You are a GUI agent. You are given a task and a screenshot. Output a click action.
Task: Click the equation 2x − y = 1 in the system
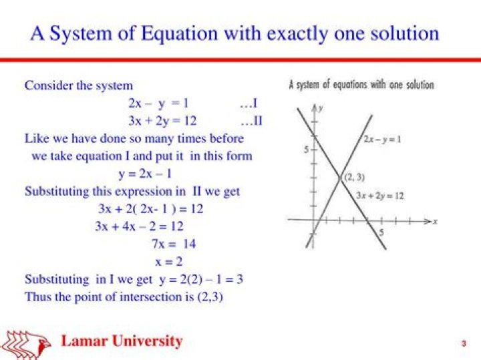click(x=158, y=104)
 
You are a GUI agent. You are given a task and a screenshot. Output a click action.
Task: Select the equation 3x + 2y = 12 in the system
click(x=162, y=122)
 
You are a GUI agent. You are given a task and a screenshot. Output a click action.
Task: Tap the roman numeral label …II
click(x=252, y=121)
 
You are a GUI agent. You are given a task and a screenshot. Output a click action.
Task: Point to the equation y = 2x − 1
click(x=145, y=174)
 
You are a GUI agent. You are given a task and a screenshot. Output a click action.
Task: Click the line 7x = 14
click(x=174, y=244)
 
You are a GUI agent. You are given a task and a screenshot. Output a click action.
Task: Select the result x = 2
click(x=169, y=262)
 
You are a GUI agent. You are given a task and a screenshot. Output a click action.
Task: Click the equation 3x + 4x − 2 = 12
click(x=139, y=226)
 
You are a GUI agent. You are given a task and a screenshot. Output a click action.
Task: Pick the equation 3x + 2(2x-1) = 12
click(x=150, y=209)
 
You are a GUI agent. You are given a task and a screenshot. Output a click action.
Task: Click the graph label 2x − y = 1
click(x=382, y=140)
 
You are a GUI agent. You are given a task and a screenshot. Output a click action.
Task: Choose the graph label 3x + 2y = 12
click(x=379, y=196)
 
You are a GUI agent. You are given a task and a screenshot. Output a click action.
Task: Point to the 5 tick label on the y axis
click(x=306, y=150)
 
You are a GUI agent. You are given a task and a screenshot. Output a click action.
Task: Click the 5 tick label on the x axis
click(x=381, y=232)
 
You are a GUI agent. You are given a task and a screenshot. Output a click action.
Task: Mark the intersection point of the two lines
click(x=340, y=178)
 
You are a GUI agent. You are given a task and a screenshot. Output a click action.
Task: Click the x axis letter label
click(x=435, y=221)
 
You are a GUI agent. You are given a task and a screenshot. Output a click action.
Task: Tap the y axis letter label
click(x=321, y=109)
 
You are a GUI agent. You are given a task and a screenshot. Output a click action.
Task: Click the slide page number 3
click(x=464, y=343)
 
